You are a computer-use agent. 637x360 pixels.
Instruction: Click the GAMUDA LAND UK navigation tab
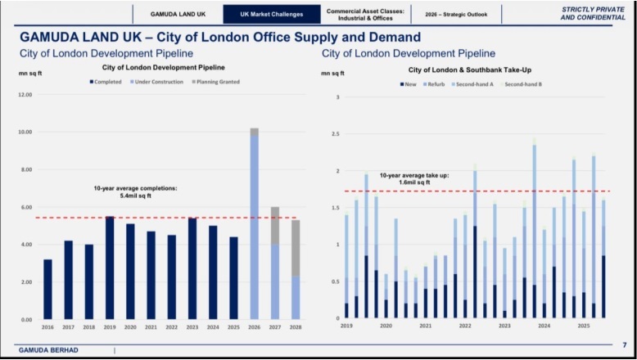point(178,14)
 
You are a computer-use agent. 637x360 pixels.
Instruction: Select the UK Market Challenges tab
point(271,14)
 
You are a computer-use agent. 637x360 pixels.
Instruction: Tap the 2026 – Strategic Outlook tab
point(454,14)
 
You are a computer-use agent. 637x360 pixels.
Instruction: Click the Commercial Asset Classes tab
point(365,14)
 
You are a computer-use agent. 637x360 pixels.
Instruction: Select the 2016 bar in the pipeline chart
point(47,289)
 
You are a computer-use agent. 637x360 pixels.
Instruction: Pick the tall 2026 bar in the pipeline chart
point(255,225)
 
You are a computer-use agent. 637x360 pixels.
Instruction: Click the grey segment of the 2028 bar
point(296,248)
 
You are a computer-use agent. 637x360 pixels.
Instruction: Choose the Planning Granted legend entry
point(215,82)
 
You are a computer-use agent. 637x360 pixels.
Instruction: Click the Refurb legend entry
point(435,84)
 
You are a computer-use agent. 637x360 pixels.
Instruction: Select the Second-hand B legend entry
point(522,84)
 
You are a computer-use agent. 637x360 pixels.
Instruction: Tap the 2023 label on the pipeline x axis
point(192,327)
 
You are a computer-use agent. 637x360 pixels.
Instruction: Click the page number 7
point(624,345)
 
